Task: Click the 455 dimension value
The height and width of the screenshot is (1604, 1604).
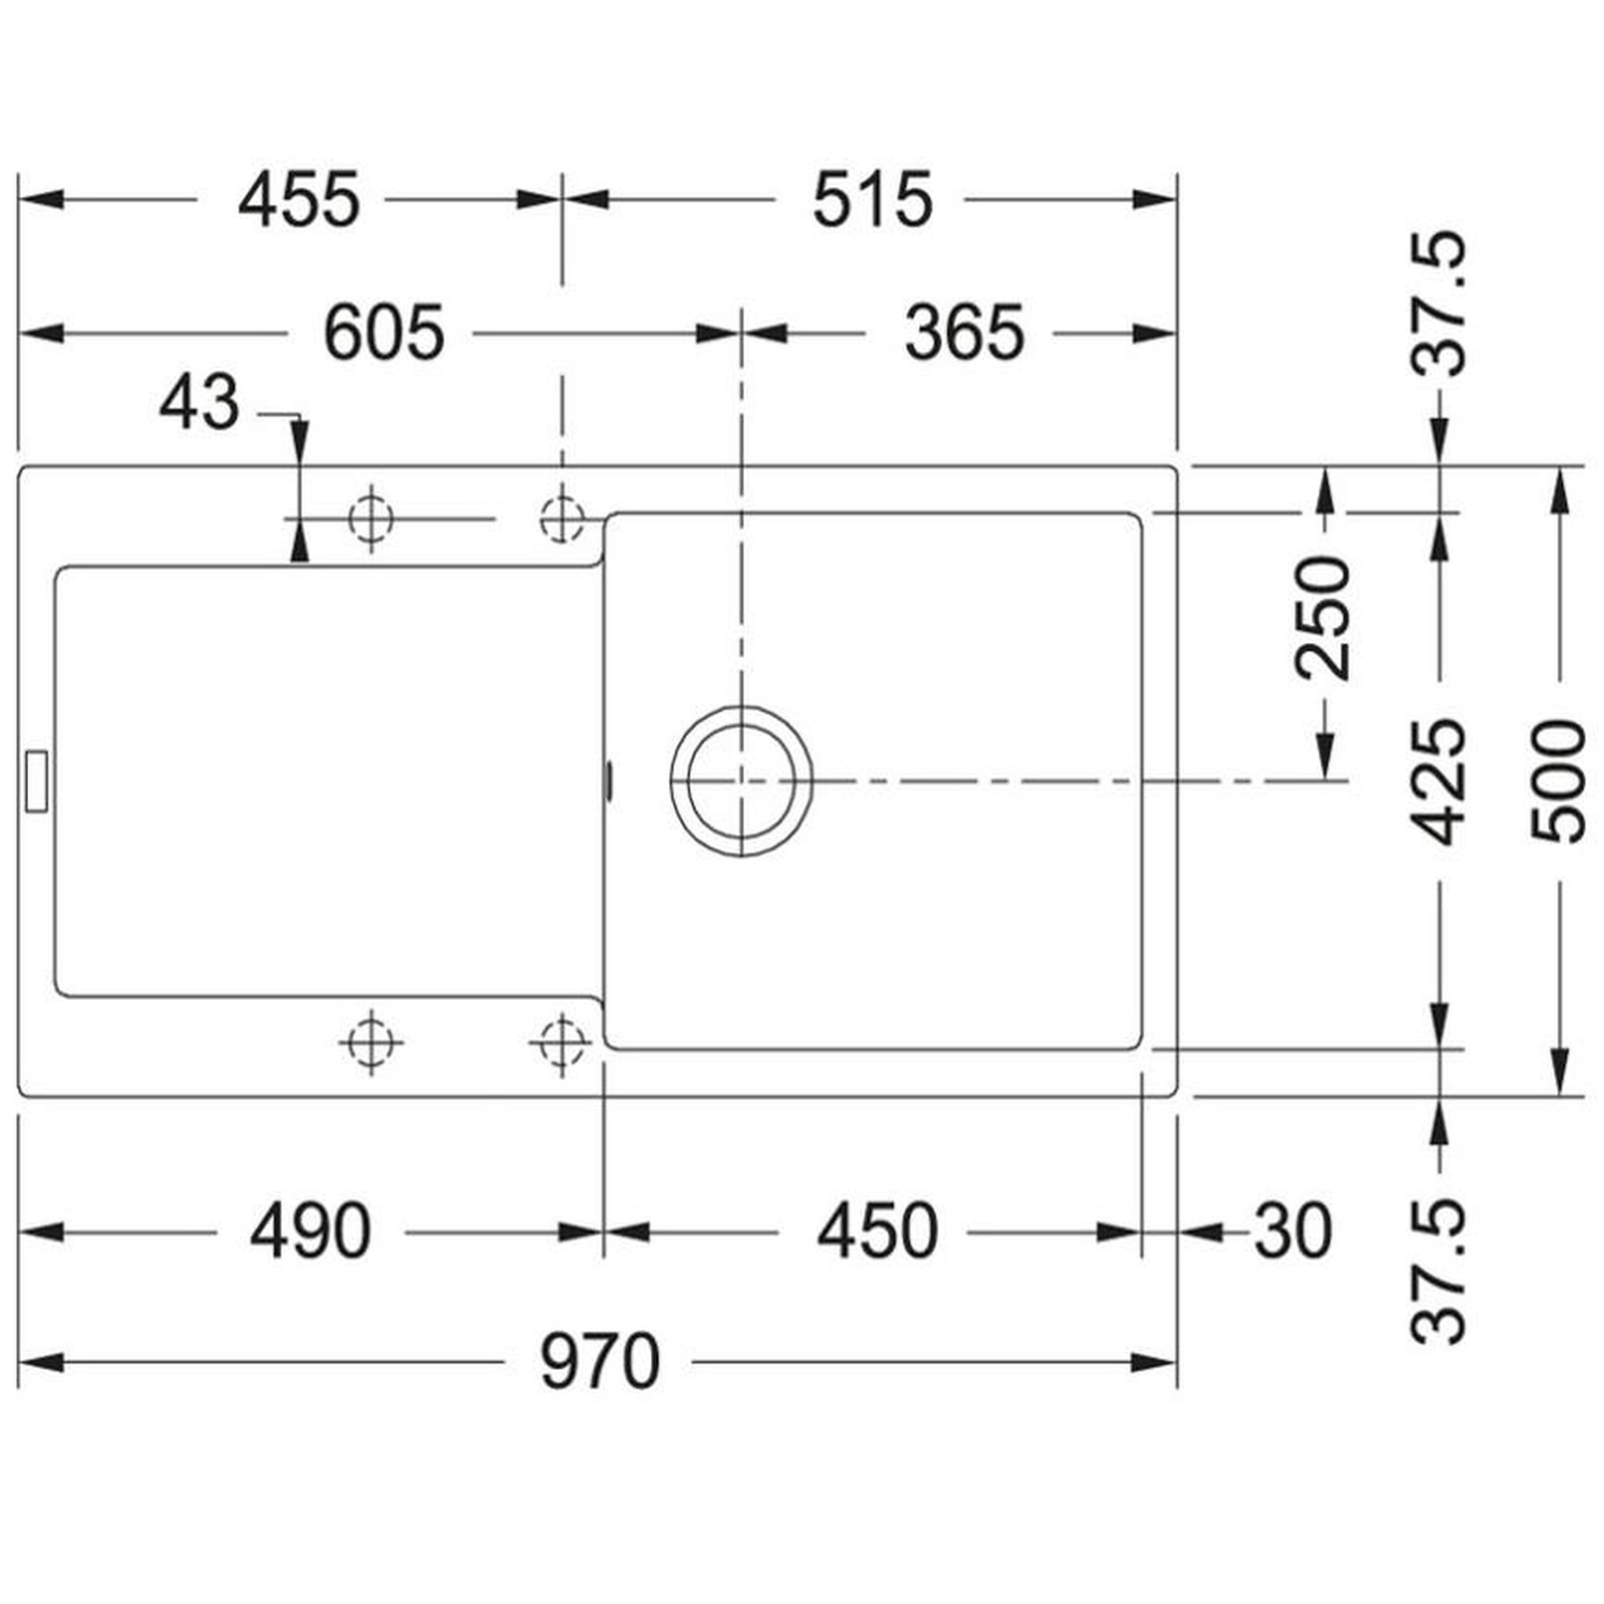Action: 299,200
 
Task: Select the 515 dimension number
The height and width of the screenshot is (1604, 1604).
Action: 872,200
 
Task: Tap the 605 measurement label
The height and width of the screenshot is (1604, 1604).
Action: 384,334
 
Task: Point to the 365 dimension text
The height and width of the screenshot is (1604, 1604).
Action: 965,334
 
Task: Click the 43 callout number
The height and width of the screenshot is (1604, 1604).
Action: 199,403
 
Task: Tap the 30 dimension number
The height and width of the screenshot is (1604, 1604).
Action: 1292,1232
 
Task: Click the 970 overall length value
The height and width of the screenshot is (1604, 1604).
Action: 600,1363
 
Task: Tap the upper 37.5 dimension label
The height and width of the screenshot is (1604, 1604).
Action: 1438,304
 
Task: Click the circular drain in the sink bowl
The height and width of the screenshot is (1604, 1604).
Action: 742,781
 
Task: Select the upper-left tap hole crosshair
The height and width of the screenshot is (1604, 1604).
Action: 371,519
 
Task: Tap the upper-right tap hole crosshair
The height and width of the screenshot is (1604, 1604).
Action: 563,519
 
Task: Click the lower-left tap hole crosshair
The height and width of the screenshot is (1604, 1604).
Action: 371,1042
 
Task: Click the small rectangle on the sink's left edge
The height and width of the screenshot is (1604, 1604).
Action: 38,781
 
